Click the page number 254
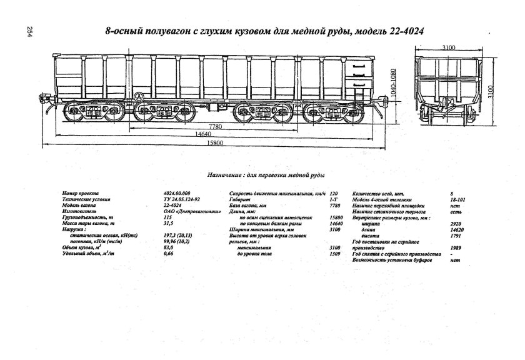point(28,32)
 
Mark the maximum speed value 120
point(333,194)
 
